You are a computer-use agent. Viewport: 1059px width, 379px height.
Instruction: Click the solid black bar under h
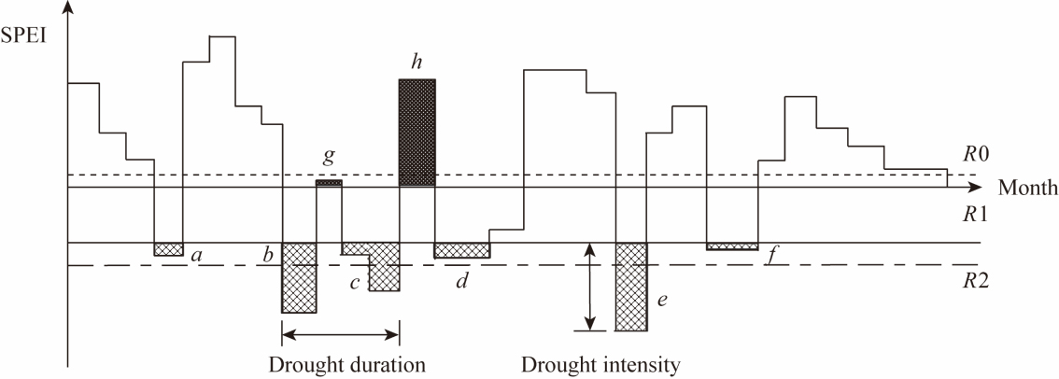417,133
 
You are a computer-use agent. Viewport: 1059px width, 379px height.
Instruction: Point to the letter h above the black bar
417,63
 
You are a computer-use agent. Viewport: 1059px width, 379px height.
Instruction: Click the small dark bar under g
329,183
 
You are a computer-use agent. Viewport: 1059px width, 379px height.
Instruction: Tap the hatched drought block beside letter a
168,249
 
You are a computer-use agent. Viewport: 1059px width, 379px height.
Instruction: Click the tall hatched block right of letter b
299,277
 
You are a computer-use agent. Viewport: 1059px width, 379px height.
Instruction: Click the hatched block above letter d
461,250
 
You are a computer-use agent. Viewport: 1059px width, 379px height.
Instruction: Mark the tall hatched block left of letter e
630,286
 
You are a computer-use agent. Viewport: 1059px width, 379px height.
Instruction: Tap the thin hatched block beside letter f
731,246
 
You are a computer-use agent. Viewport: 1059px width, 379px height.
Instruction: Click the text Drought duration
346,363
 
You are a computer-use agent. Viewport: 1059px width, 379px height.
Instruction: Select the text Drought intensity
600,363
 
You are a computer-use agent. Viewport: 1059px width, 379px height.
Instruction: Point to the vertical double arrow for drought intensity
588,286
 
